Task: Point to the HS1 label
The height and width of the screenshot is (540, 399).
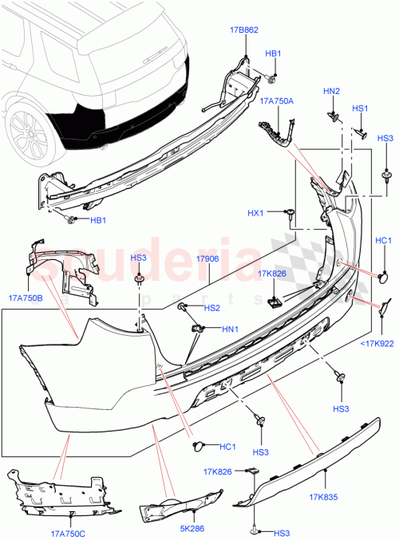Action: tap(360, 108)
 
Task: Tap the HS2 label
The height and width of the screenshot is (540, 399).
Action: tap(211, 308)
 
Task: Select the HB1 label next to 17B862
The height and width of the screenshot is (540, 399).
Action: tap(273, 53)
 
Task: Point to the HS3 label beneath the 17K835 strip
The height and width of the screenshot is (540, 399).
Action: tap(281, 533)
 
